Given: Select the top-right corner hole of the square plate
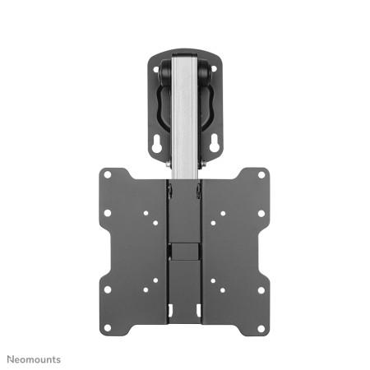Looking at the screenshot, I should pyautogui.click(x=261, y=175).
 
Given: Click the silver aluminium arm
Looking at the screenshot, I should pyautogui.click(x=184, y=123).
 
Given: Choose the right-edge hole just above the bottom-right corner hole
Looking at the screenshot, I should pyautogui.click(x=261, y=290).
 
